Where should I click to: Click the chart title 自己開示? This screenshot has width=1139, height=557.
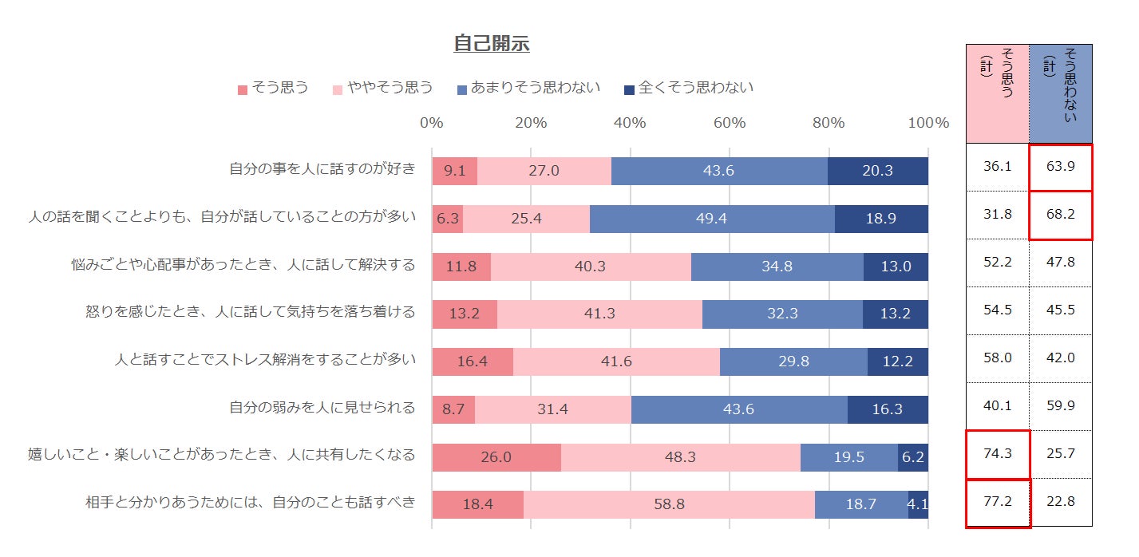tap(491, 44)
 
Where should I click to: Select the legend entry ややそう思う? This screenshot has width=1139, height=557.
tap(389, 88)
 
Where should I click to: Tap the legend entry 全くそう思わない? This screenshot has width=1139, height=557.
tap(695, 88)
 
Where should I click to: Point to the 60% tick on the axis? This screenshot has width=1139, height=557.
tap(729, 123)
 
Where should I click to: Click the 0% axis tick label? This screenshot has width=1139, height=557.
tap(432, 123)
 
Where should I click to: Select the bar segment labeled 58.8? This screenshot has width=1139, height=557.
tap(669, 504)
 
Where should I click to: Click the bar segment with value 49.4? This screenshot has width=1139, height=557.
tap(712, 219)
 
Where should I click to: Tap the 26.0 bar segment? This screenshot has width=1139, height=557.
tap(496, 456)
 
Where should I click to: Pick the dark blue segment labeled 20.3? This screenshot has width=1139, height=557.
tap(877, 171)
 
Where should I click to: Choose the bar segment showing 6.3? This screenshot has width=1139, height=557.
tap(448, 219)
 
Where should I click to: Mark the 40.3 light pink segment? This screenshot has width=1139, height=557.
tap(591, 267)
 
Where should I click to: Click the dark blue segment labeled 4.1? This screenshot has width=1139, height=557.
tap(918, 504)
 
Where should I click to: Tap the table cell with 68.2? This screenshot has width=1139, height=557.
tap(1060, 215)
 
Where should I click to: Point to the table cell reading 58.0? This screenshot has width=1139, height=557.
tap(998, 358)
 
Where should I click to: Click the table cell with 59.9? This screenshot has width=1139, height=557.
tap(1060, 406)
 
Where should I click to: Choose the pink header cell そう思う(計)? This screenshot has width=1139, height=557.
tap(998, 93)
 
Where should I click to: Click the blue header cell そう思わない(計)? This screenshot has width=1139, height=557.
tap(1060, 93)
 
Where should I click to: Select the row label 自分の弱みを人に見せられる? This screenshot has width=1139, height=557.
tap(322, 409)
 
